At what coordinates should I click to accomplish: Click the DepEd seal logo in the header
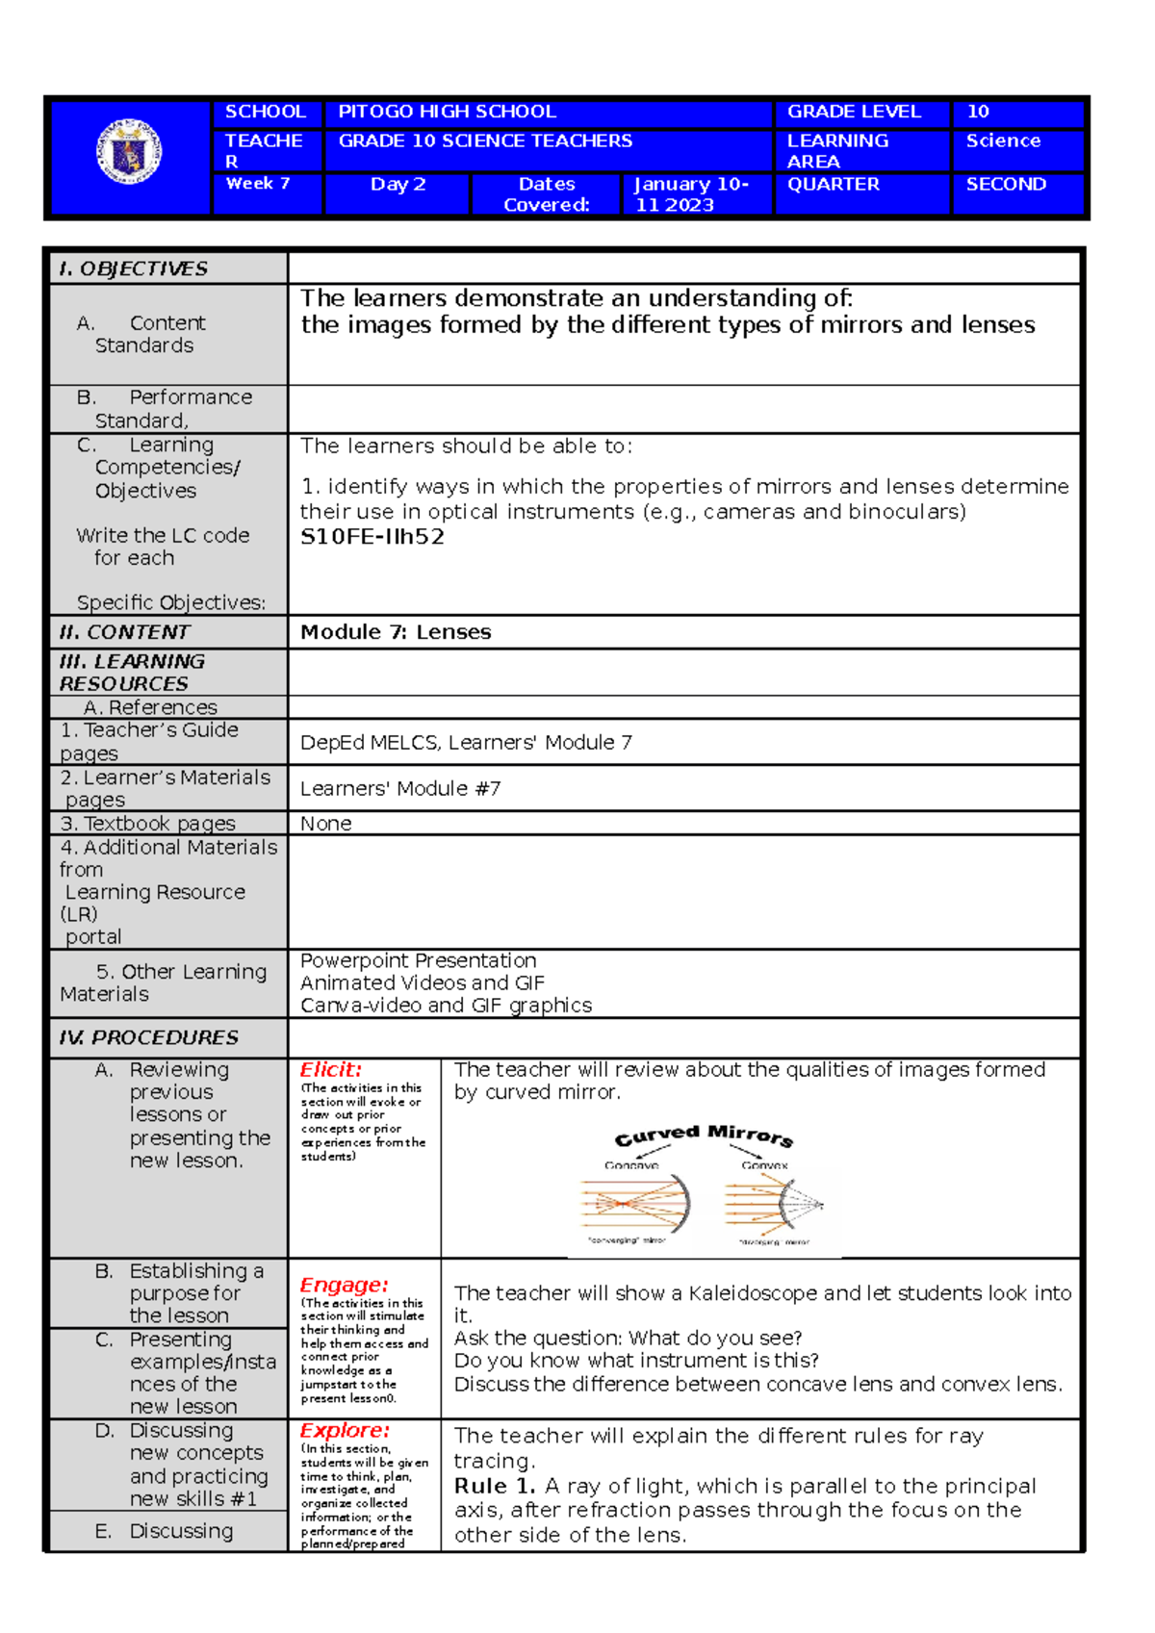pyautogui.click(x=129, y=152)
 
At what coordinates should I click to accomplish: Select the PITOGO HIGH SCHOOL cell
pyautogui.click(x=448, y=112)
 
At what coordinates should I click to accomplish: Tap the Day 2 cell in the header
pyautogui.click(x=398, y=185)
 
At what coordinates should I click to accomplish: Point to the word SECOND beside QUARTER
pyautogui.click(x=1006, y=184)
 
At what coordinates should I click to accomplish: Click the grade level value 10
pyautogui.click(x=978, y=112)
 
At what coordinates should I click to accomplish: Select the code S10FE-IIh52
pyautogui.click(x=372, y=537)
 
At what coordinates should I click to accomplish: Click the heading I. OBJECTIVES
pyautogui.click(x=134, y=268)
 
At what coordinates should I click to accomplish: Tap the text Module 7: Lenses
pyautogui.click(x=396, y=632)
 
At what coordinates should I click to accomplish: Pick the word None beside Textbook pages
pyautogui.click(x=326, y=824)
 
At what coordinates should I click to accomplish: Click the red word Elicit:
pyautogui.click(x=330, y=1070)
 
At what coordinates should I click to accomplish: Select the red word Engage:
pyautogui.click(x=344, y=1286)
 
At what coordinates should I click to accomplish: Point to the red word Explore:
pyautogui.click(x=345, y=1431)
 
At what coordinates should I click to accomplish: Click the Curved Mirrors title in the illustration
pyautogui.click(x=704, y=1135)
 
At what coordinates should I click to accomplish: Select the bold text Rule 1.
pyautogui.click(x=494, y=1486)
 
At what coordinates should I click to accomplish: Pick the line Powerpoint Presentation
pyautogui.click(x=418, y=960)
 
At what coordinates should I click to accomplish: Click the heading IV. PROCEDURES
pyautogui.click(x=149, y=1037)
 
